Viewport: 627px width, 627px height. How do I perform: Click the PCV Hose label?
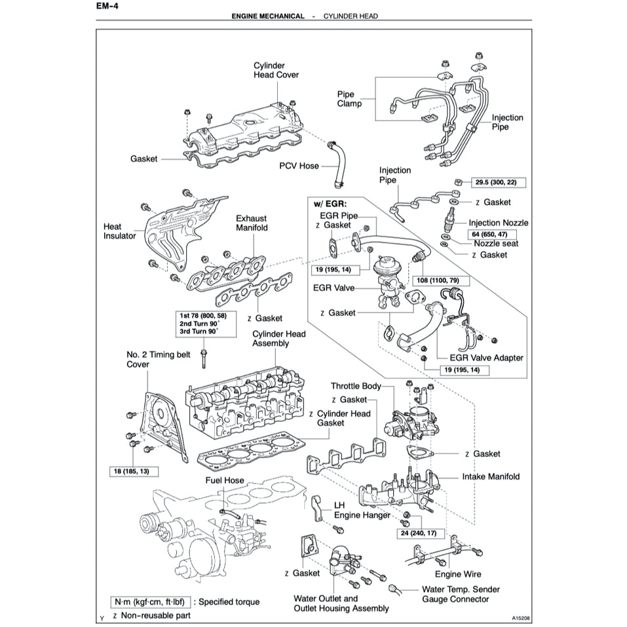[299, 166]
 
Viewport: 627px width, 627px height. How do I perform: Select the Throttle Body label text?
[356, 387]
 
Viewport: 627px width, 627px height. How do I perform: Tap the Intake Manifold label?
[490, 476]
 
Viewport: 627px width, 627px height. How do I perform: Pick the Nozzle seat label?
[496, 244]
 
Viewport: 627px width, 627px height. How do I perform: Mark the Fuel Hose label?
[224, 480]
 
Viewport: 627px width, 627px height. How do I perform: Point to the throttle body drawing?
[409, 423]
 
